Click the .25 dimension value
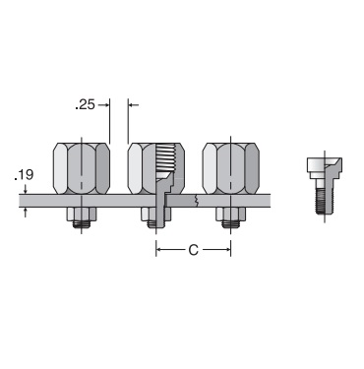(x=85, y=104)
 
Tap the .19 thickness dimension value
(x=24, y=175)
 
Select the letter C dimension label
(x=194, y=250)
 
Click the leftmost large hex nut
(x=82, y=168)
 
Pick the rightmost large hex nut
(x=231, y=168)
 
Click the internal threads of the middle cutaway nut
(x=165, y=159)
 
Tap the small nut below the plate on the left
(x=82, y=214)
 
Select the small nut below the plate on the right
(x=231, y=214)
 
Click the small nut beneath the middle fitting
(x=156, y=214)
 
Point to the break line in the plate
(x=197, y=201)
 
